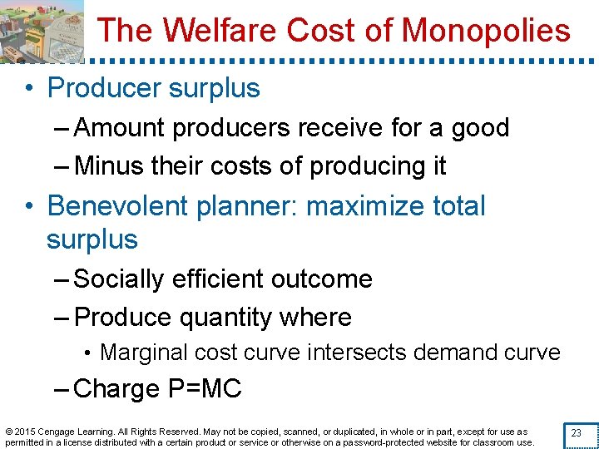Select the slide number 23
coord(576,432)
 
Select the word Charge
coord(116,388)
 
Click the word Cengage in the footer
coord(57,432)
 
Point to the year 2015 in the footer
coord(24,432)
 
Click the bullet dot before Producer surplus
coord(28,88)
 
